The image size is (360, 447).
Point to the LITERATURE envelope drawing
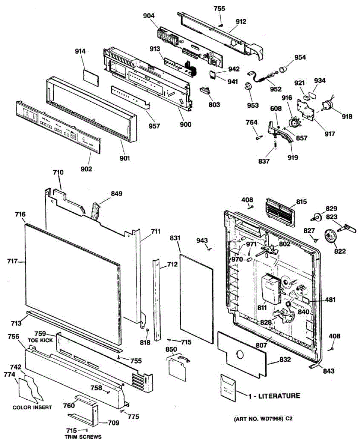228,389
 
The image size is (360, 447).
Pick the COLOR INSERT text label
32,407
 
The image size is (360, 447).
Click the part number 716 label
20,215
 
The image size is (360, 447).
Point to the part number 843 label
329,371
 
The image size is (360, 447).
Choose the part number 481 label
330,299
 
